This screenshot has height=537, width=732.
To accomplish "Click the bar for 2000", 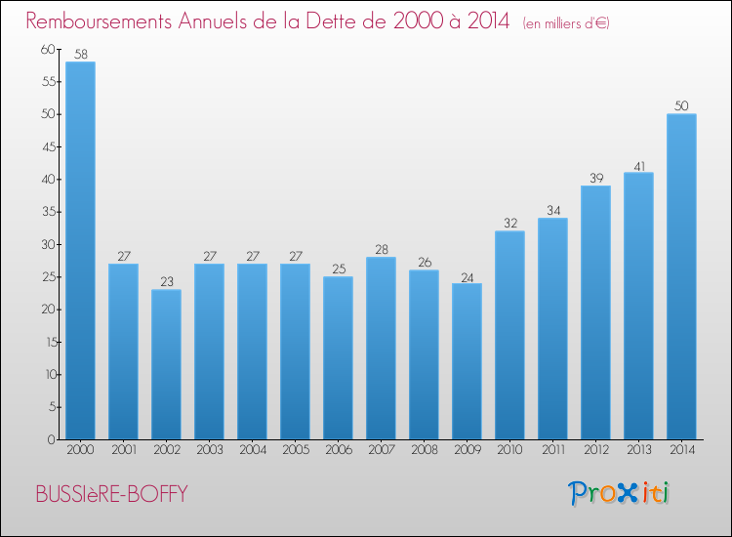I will point(80,251).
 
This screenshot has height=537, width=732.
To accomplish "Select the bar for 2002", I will point(166,364).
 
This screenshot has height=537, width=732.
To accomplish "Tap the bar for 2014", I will point(681,276).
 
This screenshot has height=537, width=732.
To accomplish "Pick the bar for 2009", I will point(467,361).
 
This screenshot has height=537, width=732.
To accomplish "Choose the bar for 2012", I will point(595,312).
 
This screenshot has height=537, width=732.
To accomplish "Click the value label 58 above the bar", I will point(80,54).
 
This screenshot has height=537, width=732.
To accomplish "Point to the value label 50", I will point(681,105).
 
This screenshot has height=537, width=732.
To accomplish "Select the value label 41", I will point(638,164).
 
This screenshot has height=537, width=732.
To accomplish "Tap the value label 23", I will point(166,281).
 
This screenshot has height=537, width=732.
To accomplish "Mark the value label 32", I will point(509,223).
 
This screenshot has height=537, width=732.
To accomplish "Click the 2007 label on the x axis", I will point(381,451).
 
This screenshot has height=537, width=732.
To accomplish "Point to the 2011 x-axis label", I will point(552,451).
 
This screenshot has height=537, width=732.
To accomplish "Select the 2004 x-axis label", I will point(252,451).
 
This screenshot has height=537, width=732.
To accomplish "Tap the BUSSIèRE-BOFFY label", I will point(111,494).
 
